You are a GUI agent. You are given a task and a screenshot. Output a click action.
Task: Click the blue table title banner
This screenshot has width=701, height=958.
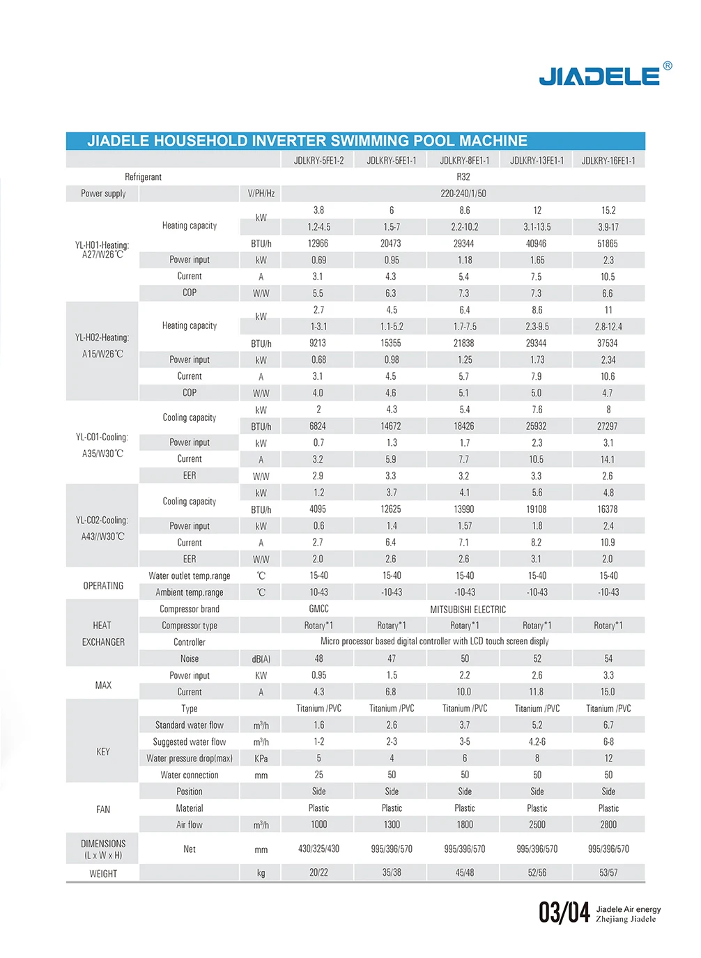coord(355,141)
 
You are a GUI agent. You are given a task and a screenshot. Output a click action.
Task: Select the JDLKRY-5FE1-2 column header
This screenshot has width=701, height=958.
coord(318,160)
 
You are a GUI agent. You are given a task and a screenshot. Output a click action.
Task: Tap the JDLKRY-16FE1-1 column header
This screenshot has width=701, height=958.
coord(608,160)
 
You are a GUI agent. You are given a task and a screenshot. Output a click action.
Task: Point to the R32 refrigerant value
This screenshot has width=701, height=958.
coord(463,177)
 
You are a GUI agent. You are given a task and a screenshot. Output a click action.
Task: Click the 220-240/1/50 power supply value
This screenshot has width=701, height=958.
coord(463,194)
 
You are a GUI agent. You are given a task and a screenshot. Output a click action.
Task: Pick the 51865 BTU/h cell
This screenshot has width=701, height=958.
coord(608,244)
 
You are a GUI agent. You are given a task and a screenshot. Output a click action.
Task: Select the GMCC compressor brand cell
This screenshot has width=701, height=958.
coord(318,609)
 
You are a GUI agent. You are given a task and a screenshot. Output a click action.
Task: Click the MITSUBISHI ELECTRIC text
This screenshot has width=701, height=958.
coord(468,610)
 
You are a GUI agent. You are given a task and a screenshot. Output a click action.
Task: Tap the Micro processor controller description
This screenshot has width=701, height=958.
coord(434,642)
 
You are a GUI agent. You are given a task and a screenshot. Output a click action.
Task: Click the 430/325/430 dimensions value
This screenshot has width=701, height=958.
coord(318,849)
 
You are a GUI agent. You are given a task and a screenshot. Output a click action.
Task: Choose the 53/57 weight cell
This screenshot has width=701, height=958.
coord(608,873)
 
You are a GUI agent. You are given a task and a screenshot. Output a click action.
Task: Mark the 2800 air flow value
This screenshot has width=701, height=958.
coord(608,825)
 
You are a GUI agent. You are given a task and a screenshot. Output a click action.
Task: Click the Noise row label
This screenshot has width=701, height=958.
coord(190,659)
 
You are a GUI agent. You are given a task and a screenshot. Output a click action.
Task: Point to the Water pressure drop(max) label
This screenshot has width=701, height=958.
coord(190,759)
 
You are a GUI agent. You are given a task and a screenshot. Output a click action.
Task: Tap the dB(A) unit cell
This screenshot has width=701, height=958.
coord(261,659)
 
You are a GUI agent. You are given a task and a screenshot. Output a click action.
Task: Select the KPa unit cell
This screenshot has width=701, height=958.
coord(261,759)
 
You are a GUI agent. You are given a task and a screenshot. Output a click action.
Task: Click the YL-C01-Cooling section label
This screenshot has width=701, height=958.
coord(102,438)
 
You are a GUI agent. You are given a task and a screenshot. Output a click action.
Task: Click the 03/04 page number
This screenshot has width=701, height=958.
coord(564,912)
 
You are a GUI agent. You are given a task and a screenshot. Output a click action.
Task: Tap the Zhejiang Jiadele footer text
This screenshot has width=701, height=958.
coord(626,919)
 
